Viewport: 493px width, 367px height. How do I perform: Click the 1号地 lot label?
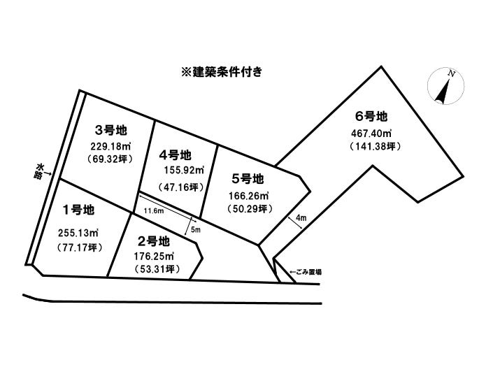[78, 210]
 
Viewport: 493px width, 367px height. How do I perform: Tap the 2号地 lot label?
[154, 241]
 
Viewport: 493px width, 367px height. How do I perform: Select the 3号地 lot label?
[110, 130]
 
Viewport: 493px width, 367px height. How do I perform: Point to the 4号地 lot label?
[175, 155]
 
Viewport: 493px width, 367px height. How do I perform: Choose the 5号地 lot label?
[248, 179]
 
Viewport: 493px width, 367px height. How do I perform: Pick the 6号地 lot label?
[371, 117]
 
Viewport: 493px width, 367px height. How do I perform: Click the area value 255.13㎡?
[78, 233]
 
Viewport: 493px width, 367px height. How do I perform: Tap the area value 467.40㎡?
[371, 134]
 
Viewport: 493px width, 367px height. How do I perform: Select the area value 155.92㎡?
[184, 171]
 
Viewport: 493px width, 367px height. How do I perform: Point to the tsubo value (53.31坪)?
[156, 269]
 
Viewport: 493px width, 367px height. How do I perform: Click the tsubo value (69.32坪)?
[109, 159]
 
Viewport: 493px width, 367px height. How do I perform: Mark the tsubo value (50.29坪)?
[250, 208]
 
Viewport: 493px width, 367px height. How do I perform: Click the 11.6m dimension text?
[154, 211]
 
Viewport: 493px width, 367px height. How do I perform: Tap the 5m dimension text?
[196, 230]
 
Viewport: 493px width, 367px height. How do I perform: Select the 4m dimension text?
[301, 217]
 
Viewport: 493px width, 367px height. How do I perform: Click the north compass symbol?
[446, 87]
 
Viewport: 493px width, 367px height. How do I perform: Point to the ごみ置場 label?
[306, 272]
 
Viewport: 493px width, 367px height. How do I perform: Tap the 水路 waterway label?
[39, 171]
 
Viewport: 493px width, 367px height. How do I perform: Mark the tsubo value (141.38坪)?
[375, 146]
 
